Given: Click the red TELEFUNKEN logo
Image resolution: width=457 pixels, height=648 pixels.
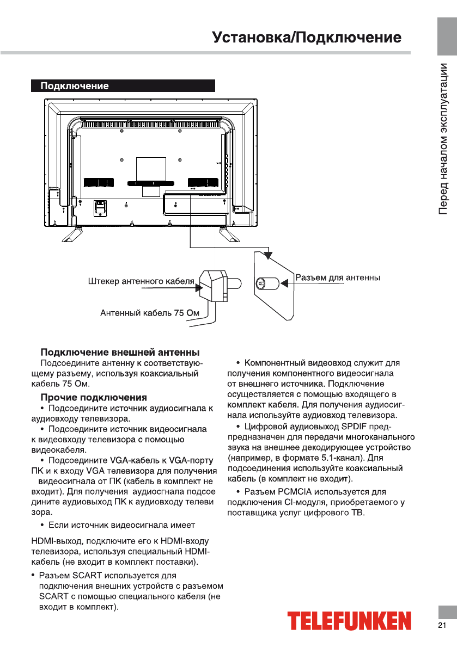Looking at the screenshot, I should click(x=349, y=621).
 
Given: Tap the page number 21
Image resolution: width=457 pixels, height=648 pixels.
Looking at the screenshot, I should click(x=442, y=624).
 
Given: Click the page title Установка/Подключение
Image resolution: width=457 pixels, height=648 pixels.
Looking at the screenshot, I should click(x=307, y=38).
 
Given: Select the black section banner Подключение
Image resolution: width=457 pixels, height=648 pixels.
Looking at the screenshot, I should click(x=123, y=86).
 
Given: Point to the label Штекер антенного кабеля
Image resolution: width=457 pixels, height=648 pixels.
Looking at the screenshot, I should click(x=141, y=282).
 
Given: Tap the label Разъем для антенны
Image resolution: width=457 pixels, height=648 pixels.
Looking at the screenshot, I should click(x=338, y=278).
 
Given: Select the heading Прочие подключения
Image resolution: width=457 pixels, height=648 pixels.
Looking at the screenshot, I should click(x=94, y=398).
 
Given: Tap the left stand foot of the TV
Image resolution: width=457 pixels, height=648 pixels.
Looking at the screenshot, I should click(x=71, y=234).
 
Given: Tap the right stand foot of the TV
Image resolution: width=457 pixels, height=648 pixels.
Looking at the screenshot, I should click(x=228, y=234).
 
